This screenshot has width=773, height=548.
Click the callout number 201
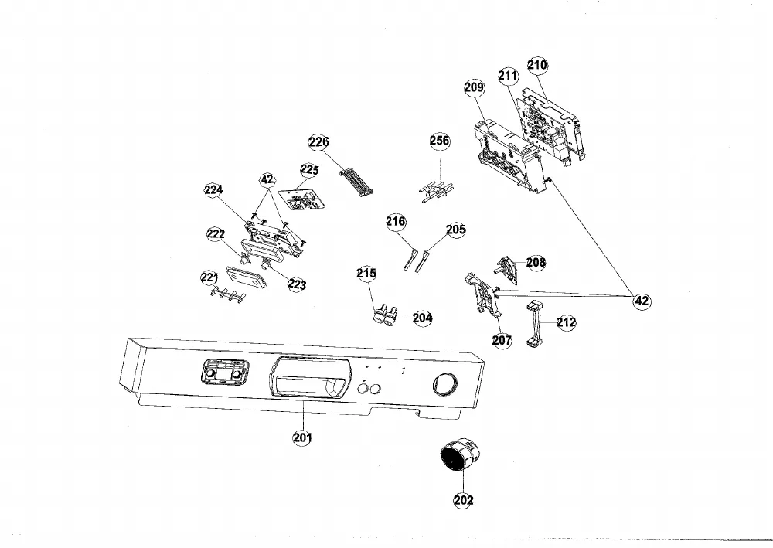coord(302,437)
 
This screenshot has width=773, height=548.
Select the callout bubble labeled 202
coord(463,500)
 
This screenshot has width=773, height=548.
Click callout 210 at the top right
coord(537,65)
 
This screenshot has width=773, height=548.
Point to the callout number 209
coord(475,87)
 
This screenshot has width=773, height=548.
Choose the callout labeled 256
coord(440,141)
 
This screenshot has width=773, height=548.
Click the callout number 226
coord(319,142)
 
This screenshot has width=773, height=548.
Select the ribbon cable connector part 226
coord(356,183)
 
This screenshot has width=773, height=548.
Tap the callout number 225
coord(310,170)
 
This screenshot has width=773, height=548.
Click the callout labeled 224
coord(213,189)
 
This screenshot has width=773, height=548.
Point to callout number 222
coord(216,234)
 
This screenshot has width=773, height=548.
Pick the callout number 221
coord(209,277)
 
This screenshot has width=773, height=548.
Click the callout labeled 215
coord(366,273)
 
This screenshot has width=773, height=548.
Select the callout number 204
coord(423,318)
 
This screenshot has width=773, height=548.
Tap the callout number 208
coord(536,262)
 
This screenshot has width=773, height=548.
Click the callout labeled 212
coord(566,322)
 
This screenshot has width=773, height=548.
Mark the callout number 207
coord(502,339)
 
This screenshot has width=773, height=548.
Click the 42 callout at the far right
coord(642,301)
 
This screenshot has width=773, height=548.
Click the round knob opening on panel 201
coord(444,384)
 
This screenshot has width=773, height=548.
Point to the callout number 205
coord(455,230)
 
